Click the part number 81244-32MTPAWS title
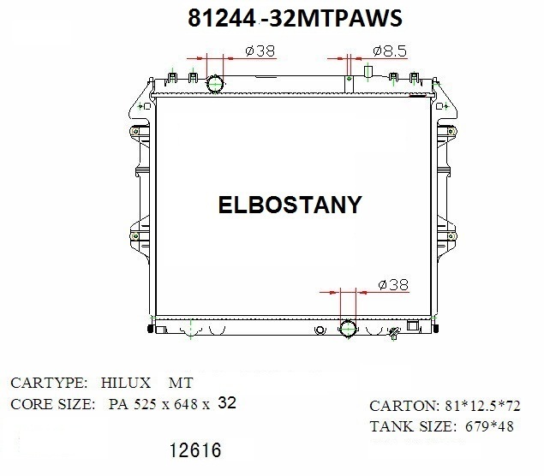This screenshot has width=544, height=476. tap(295, 18)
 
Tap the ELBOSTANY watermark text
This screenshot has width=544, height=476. tap(290, 205)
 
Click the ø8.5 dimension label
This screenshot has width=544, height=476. tap(390, 51)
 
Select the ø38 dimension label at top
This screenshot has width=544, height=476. tap(260, 51)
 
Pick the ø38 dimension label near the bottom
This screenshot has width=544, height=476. tap(393, 284)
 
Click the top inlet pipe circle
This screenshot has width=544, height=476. tap(215, 84)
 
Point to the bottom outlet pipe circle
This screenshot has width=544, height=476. tap(348, 328)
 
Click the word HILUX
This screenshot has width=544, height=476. tap(126, 383)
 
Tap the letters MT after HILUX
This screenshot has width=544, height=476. tap(181, 383)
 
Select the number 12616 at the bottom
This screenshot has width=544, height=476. tap(195, 450)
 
